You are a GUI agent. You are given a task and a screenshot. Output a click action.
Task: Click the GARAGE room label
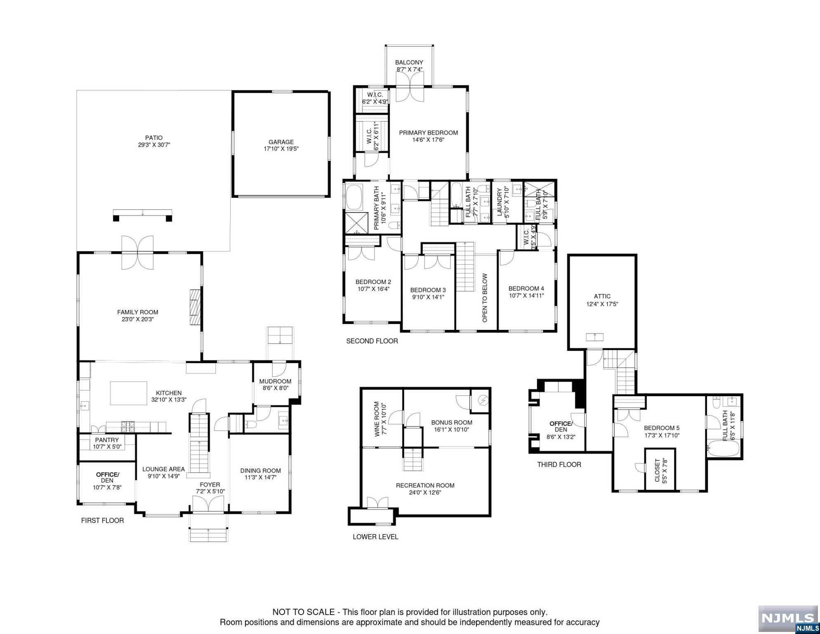[x=281, y=142]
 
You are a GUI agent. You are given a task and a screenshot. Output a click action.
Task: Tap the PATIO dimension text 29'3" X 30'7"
[x=154, y=145]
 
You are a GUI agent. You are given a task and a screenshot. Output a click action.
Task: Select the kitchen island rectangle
[x=129, y=393]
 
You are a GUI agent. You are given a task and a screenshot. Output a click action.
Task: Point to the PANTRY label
[x=107, y=440]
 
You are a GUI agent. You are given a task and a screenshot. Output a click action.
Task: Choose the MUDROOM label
[x=275, y=381]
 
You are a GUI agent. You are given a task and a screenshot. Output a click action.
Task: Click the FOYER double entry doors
[x=209, y=504]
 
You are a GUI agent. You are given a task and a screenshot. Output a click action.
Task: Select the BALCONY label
[x=409, y=62]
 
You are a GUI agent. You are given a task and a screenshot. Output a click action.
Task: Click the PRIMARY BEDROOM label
[x=429, y=132]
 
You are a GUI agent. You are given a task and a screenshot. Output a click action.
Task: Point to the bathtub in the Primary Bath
[x=354, y=198]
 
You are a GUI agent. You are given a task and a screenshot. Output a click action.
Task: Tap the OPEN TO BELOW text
[x=485, y=298]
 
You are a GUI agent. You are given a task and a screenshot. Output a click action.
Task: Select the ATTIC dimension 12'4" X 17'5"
[x=602, y=304]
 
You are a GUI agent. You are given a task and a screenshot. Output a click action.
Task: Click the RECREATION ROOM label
[x=425, y=485]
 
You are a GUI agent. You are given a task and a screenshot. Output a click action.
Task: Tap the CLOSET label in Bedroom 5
[x=657, y=471]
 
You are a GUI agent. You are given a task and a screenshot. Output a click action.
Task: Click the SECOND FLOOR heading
[x=372, y=341]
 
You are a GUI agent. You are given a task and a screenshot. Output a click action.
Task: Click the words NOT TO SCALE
[x=303, y=612]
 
